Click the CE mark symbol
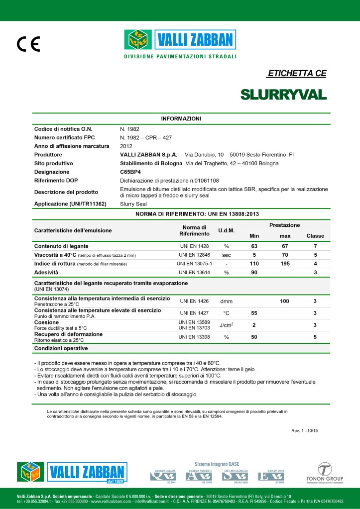point(28,45)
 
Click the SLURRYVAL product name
point(283,95)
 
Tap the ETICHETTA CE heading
point(297,74)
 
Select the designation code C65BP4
point(132,171)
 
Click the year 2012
point(126,146)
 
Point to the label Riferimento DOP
point(56,180)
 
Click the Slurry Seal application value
point(134,204)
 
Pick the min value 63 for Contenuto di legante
point(254,246)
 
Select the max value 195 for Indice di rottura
point(285,263)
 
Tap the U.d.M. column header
point(226,231)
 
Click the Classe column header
point(315,236)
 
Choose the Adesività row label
point(46,272)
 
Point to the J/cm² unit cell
point(226,325)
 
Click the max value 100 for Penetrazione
point(285,301)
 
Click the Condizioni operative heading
point(61,348)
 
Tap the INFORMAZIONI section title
point(181,118)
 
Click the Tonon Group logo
point(326,473)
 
